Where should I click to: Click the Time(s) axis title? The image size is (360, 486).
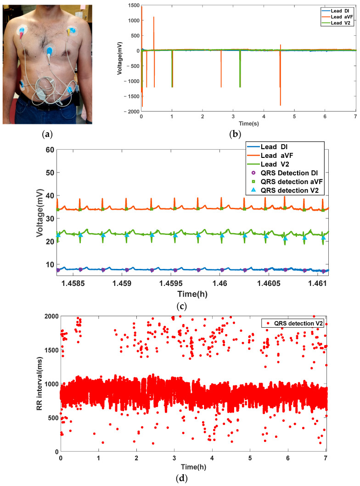coord(248,123)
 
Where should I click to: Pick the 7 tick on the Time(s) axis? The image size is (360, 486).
coord(355,117)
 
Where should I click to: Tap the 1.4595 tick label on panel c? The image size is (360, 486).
coord(174,283)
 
